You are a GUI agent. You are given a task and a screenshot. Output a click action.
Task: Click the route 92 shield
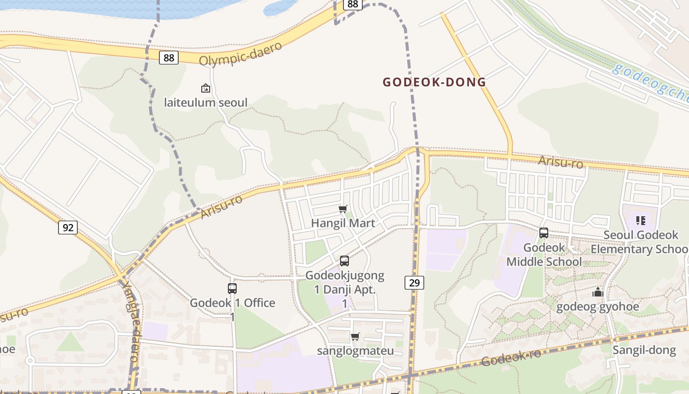[68, 227]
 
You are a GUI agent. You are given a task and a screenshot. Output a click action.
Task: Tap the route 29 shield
[414, 282]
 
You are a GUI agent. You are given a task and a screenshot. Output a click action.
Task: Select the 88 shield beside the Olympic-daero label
[168, 58]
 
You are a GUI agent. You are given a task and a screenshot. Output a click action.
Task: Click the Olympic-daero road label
[241, 53]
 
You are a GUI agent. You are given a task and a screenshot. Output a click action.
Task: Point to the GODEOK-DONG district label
[434, 82]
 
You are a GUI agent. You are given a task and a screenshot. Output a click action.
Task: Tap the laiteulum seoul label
[206, 102]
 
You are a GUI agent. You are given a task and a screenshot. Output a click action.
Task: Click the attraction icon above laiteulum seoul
[206, 89]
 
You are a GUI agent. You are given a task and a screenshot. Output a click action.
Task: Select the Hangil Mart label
[343, 223]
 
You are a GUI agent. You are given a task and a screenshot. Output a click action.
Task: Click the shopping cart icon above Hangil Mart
[343, 209]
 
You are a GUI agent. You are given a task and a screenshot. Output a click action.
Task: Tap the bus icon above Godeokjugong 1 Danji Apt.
[344, 261]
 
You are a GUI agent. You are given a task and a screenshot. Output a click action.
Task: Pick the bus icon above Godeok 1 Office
[232, 289]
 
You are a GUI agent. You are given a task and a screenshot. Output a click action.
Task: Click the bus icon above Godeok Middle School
[544, 233]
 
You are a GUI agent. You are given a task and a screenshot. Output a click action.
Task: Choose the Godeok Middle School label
[544, 255]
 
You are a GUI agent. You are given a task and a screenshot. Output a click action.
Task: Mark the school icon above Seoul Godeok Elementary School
[640, 220]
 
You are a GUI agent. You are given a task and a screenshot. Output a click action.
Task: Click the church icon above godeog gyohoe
[598, 293]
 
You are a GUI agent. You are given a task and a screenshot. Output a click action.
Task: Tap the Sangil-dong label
[644, 350]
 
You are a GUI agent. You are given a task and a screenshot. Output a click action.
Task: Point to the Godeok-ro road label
[511, 358]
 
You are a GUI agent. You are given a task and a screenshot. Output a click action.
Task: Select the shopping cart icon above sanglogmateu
[355, 337]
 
